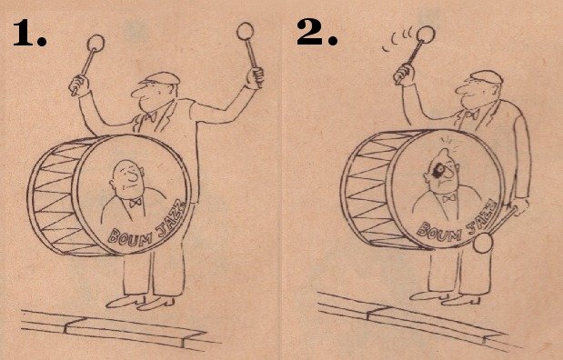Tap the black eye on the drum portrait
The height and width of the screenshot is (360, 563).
click(438, 172)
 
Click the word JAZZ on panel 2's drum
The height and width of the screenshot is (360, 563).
click(483, 216)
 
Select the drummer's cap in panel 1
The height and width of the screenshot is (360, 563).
click(160, 78)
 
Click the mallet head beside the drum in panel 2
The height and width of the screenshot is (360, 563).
click(483, 243)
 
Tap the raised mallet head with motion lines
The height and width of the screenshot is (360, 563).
click(426, 35)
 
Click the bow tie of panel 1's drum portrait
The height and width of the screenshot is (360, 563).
click(136, 203)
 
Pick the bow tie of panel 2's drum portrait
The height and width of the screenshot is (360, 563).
click(448, 197)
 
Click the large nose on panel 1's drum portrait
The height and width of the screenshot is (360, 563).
click(134, 175)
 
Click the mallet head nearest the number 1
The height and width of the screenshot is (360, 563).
click(96, 43)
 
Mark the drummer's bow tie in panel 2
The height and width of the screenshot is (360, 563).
click(473, 115)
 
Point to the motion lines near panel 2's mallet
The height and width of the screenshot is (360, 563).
click(399, 39)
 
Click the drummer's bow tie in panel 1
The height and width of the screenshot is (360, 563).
click(149, 116)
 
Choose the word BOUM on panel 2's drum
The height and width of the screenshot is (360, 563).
click(439, 232)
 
